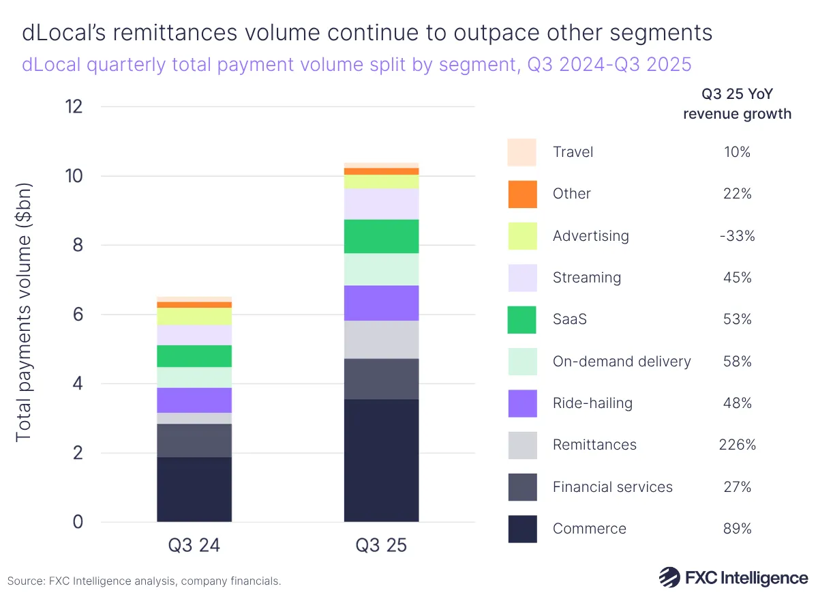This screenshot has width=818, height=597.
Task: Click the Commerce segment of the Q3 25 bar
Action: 381,461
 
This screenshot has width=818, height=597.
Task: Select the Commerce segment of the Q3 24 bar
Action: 194,489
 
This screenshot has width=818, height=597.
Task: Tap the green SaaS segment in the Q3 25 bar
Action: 381,236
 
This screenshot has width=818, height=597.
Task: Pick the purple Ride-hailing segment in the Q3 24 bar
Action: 194,400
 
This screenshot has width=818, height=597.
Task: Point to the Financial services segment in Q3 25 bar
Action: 381,379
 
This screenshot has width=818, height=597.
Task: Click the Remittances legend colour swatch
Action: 522,445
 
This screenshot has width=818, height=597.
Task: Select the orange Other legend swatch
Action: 522,194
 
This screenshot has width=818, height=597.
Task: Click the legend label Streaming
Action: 586,278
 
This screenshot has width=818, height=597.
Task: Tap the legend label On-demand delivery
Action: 622,362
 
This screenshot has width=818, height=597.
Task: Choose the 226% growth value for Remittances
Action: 737,445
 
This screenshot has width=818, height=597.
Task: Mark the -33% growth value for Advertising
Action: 737,236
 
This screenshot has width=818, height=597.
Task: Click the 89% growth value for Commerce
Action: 737,529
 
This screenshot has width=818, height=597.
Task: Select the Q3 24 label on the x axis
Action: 194,546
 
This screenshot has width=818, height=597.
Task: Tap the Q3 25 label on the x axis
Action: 381,546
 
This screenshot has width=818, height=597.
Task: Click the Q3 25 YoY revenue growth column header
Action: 737,104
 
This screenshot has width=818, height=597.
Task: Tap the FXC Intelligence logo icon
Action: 669,577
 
